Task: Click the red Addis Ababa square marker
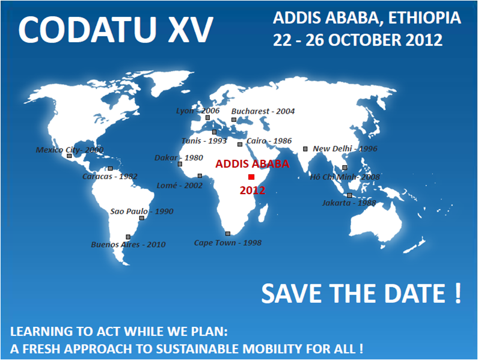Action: [251, 177]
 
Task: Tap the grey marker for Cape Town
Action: [228, 234]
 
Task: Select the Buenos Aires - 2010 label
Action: [128, 245]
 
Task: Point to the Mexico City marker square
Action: [69, 156]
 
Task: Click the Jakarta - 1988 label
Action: [349, 203]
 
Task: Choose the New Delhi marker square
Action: [305, 149]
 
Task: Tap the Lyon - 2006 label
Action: [198, 111]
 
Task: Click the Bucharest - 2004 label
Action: [263, 111]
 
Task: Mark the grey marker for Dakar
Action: [180, 164]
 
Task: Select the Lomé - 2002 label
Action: [180, 185]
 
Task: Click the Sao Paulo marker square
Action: [141, 218]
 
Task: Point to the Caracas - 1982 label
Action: [110, 176]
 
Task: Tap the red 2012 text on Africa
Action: [253, 190]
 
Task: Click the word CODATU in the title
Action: [87, 29]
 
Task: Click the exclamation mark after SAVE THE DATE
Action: [458, 293]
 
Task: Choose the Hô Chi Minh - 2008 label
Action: [345, 177]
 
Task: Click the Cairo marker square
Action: [240, 144]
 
